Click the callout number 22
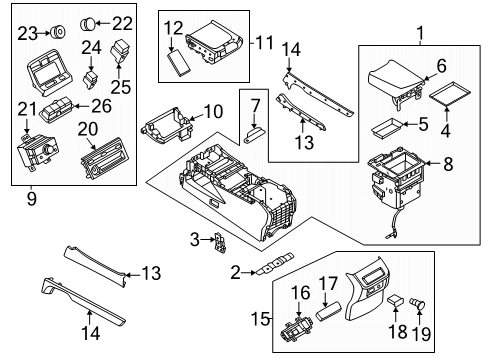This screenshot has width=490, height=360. coord(122,23)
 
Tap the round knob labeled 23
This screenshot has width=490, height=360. coord(58,32)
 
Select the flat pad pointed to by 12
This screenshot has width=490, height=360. coord(178,63)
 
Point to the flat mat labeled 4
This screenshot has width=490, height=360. coord(450,93)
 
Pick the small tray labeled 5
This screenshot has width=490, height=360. coord(387,128)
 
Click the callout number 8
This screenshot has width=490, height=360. coord(448,164)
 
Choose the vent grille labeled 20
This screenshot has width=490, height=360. coord(102,159)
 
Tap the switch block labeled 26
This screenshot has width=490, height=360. coord(56,109)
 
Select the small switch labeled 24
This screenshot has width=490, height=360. coord(91,79)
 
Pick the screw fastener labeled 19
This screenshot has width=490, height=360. coord(417,304)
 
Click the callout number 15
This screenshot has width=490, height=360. coord(260,319)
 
